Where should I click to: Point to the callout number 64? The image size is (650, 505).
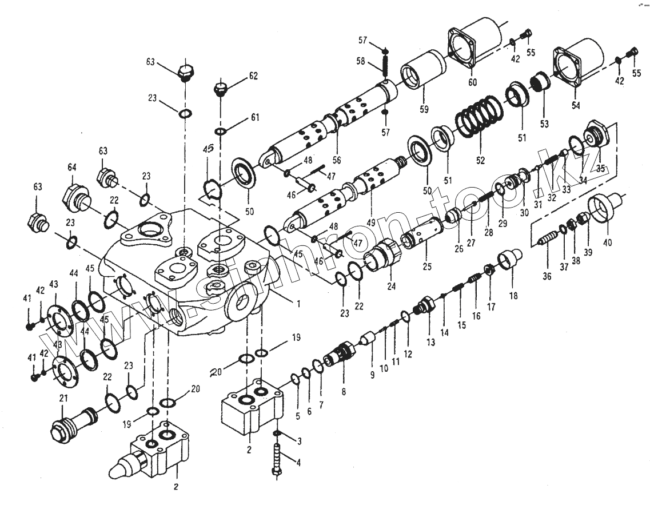(71, 167)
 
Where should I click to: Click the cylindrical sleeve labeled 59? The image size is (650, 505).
(424, 71)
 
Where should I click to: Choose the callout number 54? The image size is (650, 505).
(575, 106)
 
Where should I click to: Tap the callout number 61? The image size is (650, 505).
(254, 118)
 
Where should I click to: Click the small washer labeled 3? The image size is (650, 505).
(277, 434)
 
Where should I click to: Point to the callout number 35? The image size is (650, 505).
(600, 168)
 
